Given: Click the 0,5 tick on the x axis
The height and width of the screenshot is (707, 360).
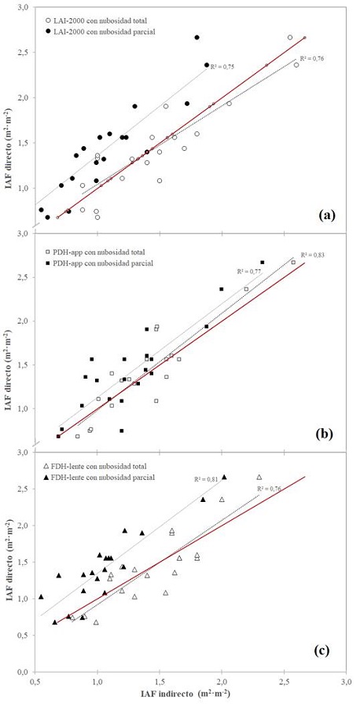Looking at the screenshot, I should pos(35,683).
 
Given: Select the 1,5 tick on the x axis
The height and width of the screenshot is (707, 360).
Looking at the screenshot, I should pos(160,683).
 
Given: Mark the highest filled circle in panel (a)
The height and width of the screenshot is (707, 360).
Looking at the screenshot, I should pos(197,37).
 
